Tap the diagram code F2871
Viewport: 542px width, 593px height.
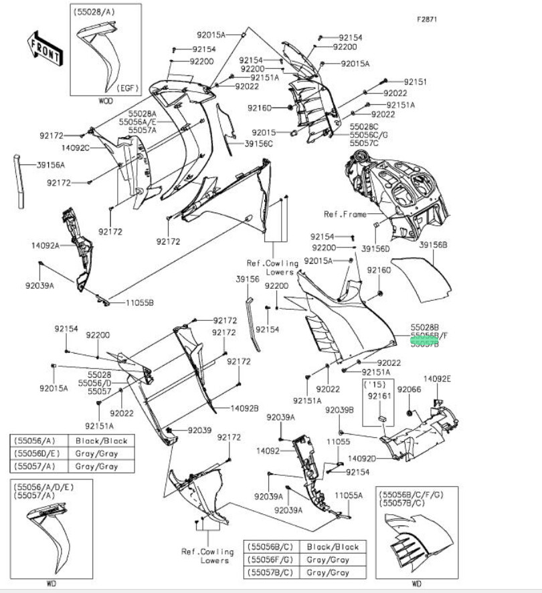(427, 19)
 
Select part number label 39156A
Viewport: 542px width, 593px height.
(51, 165)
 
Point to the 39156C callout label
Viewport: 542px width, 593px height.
(258, 143)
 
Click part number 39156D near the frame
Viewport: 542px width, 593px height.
(375, 248)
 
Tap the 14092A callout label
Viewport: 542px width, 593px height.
(45, 245)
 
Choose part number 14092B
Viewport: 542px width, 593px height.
(245, 408)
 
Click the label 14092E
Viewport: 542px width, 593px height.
(437, 379)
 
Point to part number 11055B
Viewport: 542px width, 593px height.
(139, 302)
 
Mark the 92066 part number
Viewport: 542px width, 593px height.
(409, 388)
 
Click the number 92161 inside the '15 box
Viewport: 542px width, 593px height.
(378, 396)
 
